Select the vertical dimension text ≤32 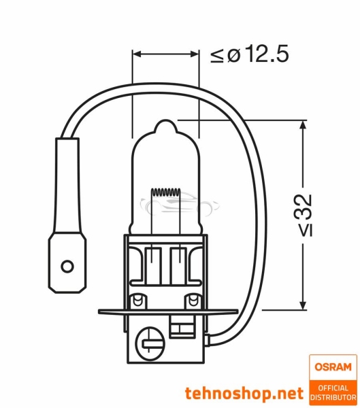coord(306,214)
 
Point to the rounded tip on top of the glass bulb coord(166,127)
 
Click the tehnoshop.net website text coord(244,392)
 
